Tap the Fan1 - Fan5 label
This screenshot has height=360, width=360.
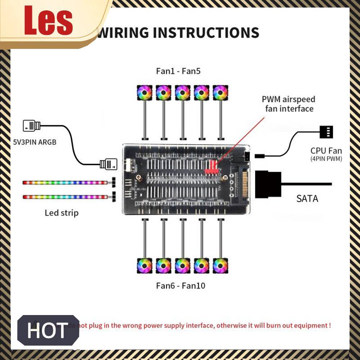178,71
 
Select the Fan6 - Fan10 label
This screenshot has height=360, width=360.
181,286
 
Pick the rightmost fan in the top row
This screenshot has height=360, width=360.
220,92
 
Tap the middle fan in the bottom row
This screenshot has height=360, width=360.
182,266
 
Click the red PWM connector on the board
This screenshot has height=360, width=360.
212,167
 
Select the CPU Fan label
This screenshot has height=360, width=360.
326,151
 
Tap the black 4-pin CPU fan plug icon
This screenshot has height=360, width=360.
326,132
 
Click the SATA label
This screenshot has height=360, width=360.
307,198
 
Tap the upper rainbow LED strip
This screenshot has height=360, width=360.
65,182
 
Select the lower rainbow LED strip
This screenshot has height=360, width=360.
65,197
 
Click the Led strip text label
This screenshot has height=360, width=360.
61,213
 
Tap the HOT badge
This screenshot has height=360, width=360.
48,330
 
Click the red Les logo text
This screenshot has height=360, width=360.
48,22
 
